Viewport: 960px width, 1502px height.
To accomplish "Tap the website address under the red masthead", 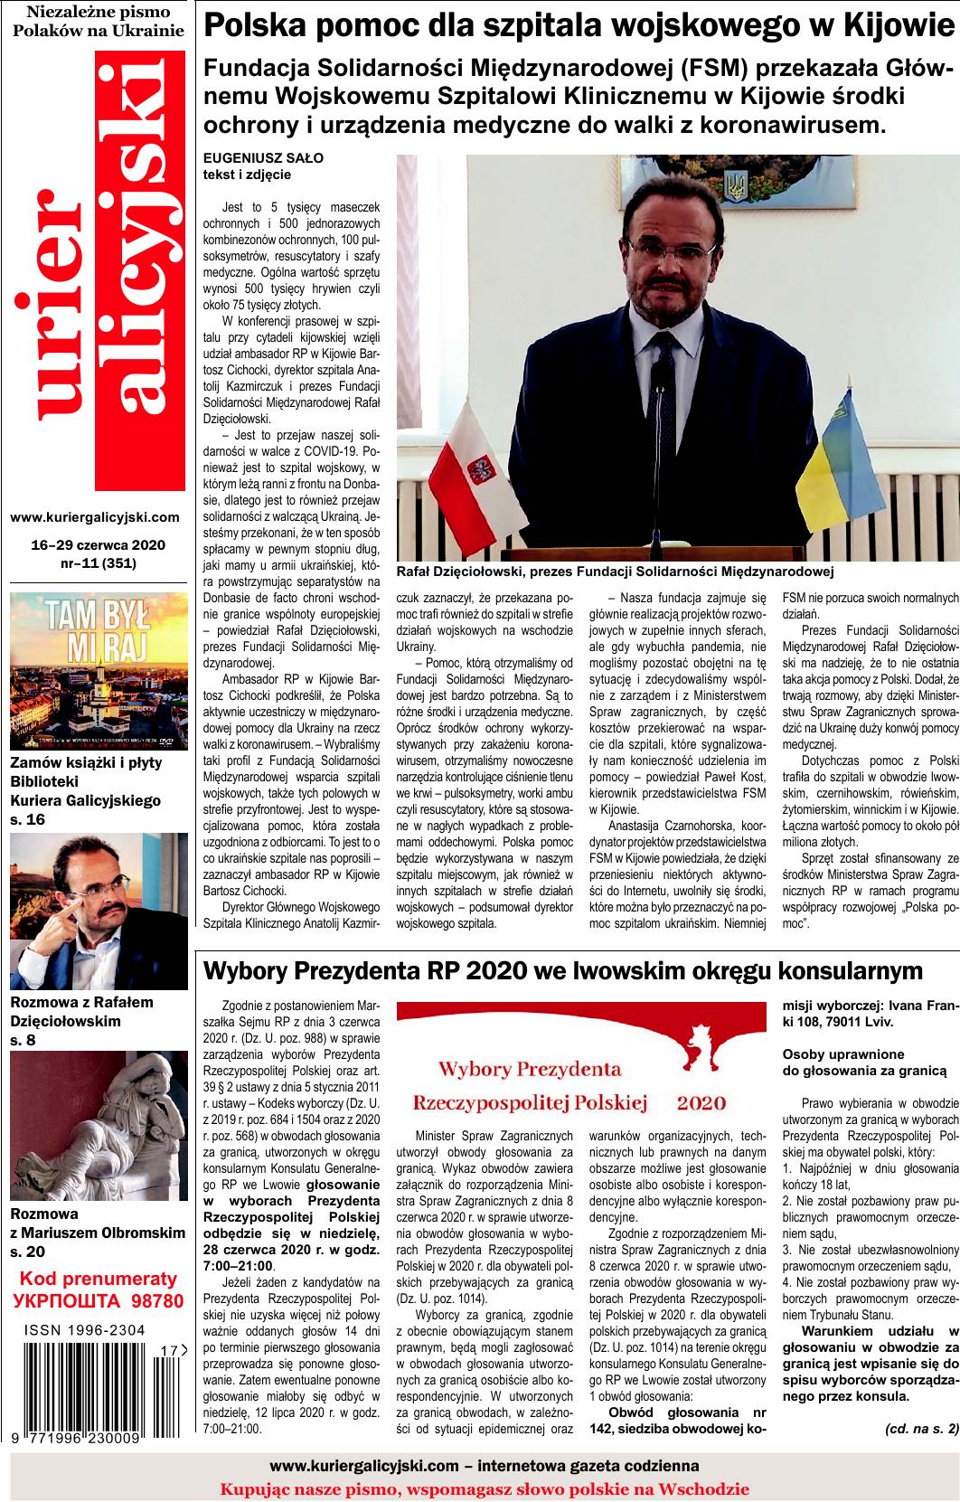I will [x=95, y=517].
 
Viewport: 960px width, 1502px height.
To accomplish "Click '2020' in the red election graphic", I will [x=701, y=1102].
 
